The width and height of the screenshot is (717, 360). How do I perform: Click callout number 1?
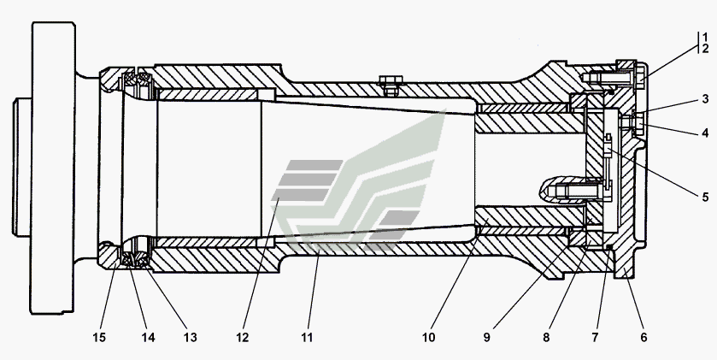[706, 37]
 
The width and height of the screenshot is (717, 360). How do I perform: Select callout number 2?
[706, 49]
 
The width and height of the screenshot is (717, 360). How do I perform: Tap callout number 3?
[706, 100]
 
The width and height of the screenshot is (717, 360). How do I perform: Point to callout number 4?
[706, 133]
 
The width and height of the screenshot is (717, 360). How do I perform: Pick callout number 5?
[706, 197]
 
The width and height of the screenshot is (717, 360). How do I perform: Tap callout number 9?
[487, 338]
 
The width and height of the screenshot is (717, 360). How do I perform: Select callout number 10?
[428, 338]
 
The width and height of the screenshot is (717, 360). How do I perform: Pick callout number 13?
[190, 338]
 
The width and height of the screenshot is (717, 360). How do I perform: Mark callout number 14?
[149, 338]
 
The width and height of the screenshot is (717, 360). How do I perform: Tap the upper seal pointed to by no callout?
[137, 84]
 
